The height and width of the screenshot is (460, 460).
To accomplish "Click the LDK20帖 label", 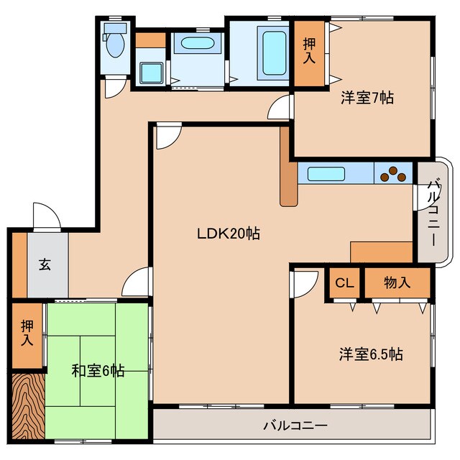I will click(229, 233).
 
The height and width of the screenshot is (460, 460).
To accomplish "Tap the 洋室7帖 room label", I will click(367, 98).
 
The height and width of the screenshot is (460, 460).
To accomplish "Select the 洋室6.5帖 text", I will click(371, 354).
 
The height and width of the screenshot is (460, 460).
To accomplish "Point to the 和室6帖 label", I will click(98, 371).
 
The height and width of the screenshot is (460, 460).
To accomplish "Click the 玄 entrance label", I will click(45, 264).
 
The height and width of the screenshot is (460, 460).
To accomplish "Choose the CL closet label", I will click(345, 283).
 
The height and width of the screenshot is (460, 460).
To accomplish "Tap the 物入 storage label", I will click(397, 283).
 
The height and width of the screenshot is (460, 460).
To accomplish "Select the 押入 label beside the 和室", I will click(27, 333).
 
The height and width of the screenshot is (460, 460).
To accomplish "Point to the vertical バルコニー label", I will click(433, 213).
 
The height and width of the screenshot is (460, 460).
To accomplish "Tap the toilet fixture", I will click(114, 43).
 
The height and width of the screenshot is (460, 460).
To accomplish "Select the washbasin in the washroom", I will click(197, 42).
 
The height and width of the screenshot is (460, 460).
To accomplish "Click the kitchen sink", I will click(327, 173).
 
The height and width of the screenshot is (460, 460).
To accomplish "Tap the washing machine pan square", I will click(151, 73).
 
